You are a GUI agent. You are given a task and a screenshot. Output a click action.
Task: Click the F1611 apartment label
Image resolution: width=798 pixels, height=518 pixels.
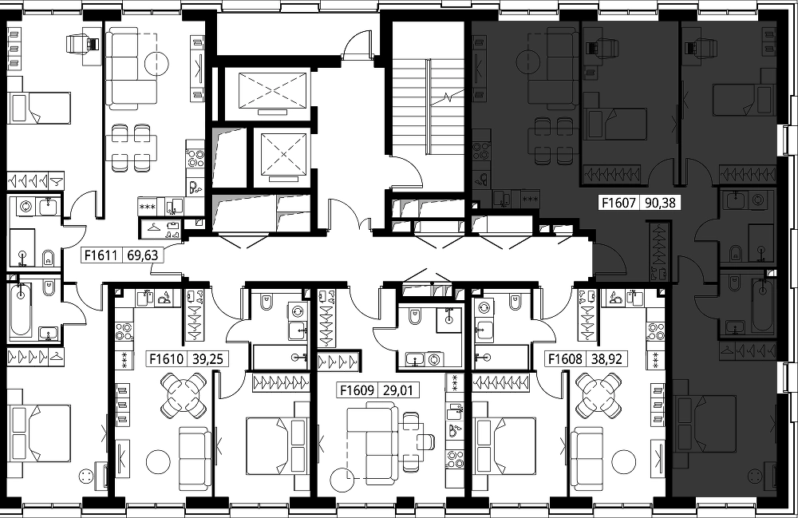pyautogui.click(x=101, y=255)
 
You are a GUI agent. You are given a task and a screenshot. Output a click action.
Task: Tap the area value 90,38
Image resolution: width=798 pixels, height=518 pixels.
pyautogui.click(x=660, y=203)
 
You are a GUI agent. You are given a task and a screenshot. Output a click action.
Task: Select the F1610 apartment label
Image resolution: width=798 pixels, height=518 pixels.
pyautogui.click(x=167, y=359)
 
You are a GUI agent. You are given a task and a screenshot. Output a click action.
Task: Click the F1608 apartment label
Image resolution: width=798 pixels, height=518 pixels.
pyautogui.click(x=565, y=359)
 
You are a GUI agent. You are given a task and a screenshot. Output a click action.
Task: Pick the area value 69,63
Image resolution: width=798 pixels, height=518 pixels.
pyautogui.click(x=143, y=255)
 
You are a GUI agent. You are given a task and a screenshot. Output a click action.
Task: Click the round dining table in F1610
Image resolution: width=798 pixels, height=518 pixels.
pyautogui.click(x=184, y=393)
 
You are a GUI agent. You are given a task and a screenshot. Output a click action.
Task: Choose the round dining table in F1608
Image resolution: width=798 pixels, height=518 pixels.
pyautogui.click(x=599, y=393)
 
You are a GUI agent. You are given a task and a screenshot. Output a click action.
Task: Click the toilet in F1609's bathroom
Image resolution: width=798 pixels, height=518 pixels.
pyautogui.click(x=415, y=317)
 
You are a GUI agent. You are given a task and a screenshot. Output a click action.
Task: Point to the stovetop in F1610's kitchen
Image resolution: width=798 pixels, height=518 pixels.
pyautogui.click(x=124, y=331)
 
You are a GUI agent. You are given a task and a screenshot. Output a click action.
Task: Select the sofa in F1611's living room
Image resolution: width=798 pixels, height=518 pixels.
pyautogui.click(x=132, y=68)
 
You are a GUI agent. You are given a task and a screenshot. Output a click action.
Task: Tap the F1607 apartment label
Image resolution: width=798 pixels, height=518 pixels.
pyautogui.click(x=618, y=203)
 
